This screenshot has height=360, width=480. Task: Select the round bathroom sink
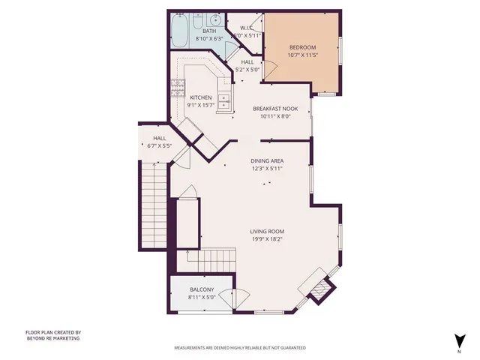point(215,20)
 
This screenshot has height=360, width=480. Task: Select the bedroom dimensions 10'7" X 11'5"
point(303,55)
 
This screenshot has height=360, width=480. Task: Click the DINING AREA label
point(268,160)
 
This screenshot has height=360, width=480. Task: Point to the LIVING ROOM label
point(267,231)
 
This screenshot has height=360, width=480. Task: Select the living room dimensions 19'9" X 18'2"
point(267,239)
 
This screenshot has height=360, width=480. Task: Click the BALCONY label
point(202,289)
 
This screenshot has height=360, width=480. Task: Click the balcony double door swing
point(241,295)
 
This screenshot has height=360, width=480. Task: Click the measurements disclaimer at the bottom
point(240,348)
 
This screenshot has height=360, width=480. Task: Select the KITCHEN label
point(200,97)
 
